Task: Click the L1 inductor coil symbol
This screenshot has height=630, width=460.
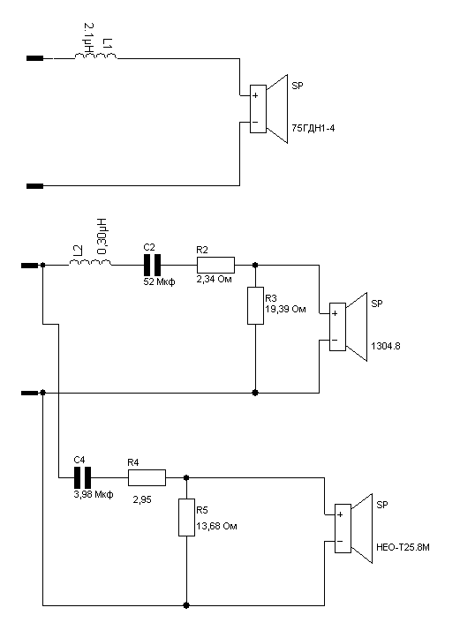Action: click(x=95, y=56)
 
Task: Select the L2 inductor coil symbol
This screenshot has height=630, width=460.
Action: click(x=90, y=262)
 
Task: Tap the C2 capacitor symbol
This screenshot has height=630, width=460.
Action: click(x=152, y=265)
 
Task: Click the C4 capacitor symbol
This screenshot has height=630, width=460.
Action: click(x=82, y=477)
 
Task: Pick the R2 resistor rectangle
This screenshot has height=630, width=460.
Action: click(x=215, y=266)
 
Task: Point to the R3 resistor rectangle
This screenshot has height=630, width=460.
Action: click(x=255, y=305)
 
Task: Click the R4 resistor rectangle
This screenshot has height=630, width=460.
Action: click(x=147, y=477)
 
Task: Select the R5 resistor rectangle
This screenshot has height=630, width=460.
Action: click(x=186, y=517)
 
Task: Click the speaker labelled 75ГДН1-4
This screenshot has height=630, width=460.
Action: click(x=268, y=109)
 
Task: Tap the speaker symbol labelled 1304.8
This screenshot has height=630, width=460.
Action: click(x=348, y=326)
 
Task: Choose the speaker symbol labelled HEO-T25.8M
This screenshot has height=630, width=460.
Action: click(x=353, y=529)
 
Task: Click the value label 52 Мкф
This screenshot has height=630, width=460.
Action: click(x=159, y=281)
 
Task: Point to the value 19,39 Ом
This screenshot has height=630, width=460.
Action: click(x=285, y=310)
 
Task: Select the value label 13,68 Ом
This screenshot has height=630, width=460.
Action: click(x=216, y=526)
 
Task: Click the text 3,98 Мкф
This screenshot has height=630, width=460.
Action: click(x=94, y=494)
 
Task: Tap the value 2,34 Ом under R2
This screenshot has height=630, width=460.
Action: click(x=214, y=279)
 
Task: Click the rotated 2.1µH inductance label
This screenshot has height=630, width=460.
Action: click(x=88, y=40)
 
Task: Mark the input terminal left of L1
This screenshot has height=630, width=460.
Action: click(x=35, y=58)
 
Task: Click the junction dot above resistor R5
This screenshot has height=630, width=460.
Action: click(x=186, y=477)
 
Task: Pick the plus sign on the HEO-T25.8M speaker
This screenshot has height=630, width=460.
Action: click(x=340, y=514)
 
